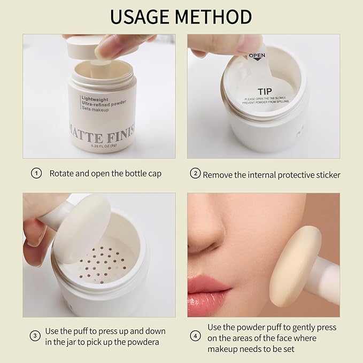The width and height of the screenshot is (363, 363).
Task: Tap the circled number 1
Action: pyautogui.click(x=36, y=173)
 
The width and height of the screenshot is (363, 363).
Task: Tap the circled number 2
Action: pyautogui.click(x=196, y=174)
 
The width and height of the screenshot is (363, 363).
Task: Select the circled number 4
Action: pyautogui.click(x=196, y=336)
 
